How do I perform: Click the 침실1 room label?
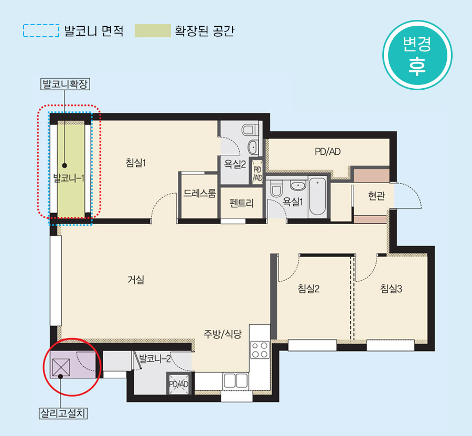pos(136,163)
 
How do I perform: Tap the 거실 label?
pos(136,280)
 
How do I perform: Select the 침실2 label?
pos(308,289)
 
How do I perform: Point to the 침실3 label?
pos(391,289)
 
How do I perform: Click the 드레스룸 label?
pos(200,193)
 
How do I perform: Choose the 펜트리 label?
pos(242,203)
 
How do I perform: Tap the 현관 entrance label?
pos(376,196)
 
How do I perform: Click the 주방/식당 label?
pos(222,334)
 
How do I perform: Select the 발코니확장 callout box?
pos(66,84)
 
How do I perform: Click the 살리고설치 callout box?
pos(63,413)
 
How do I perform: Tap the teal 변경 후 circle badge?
pos(417,55)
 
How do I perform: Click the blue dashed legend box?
pos(41,31)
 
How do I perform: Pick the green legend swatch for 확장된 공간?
pos(153,31)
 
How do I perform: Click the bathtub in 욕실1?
pos(317,196)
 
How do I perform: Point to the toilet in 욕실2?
pos(251,130)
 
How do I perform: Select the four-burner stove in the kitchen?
pos(260,350)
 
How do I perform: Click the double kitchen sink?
pos(235,380)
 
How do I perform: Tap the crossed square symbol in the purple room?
pos(61,368)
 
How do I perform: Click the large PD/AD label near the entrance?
pos(328,152)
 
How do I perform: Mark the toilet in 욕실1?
pos(276,189)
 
